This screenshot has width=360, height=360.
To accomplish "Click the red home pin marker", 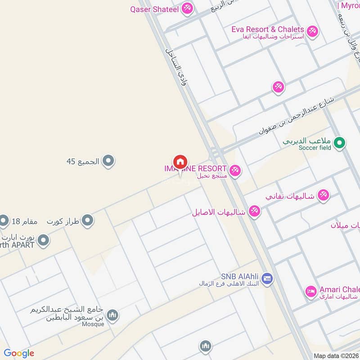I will pos(180,162).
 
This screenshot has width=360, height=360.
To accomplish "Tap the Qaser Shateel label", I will pos(154,9).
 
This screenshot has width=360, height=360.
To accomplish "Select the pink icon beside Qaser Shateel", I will pos(188,8).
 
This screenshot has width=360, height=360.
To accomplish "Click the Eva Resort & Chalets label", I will pos(267,29).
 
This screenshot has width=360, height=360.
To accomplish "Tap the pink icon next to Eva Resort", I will pos(312,31).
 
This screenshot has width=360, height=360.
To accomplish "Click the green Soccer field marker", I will pos(341,144).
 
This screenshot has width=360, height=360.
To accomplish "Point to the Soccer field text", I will pos(314,148).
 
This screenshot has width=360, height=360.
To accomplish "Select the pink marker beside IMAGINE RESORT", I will pos(234,171).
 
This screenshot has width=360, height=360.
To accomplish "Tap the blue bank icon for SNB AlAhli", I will pos(267,279).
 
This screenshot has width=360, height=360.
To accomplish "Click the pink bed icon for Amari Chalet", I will pos(310,292).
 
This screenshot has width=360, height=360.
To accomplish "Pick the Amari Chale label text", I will pos(339,289).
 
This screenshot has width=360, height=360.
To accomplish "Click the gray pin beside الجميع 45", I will pos(108,160).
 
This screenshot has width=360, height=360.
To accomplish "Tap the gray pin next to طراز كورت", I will pos(88,220).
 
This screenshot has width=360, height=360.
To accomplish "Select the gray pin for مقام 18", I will pos(4,220).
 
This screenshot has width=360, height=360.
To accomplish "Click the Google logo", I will pos(19,353).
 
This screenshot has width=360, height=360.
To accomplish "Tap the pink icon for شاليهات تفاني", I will pos(323,195).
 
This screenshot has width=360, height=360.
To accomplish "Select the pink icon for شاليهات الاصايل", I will pos(255,211).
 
